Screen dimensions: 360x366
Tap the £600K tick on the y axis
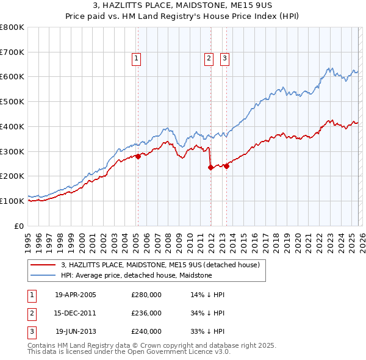pyautogui.click(x=12, y=77)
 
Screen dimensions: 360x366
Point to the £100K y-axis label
pyautogui.click(x=12, y=201)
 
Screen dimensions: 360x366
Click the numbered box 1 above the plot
pyautogui.click(x=135, y=59)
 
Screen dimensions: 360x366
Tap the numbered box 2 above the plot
pyautogui.click(x=209, y=59)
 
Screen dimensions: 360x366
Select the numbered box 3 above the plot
pyautogui.click(x=224, y=59)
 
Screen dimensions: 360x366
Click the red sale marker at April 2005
pyautogui.click(x=138, y=156)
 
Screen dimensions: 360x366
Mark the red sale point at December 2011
pyautogui.click(x=210, y=167)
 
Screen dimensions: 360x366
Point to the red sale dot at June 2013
pyautogui.click(x=226, y=166)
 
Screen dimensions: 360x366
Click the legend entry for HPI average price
pyautogui.click(x=136, y=275)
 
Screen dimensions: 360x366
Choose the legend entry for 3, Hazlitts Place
pyautogui.click(x=160, y=265)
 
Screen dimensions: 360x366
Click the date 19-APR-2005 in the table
pyautogui.click(x=76, y=295)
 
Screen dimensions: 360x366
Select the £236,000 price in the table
pyautogui.click(x=146, y=313)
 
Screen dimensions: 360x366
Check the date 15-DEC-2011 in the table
pyautogui.click(x=76, y=313)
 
